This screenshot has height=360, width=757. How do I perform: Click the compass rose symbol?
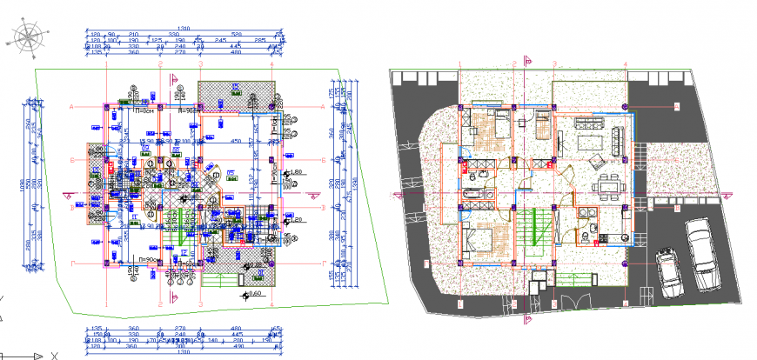pos(29,39)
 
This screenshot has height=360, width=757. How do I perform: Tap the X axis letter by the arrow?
pos(54,356)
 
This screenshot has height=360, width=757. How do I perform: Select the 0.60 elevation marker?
pos(253,294)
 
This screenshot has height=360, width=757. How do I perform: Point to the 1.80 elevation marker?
pos(295,172)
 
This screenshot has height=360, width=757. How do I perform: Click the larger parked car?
pos(702,254)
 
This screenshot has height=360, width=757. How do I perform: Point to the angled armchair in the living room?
pos(597,162)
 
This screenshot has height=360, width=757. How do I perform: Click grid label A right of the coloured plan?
pos(675,105)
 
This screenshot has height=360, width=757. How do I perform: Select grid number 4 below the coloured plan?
pos(625,303)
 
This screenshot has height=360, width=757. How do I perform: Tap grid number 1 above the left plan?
pos(106,63)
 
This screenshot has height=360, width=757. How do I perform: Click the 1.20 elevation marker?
pos(296,221)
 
